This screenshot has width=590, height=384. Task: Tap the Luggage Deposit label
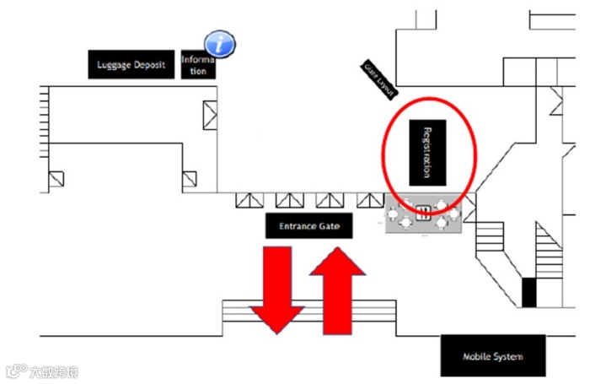(x=132, y=65)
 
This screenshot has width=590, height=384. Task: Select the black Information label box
(x=199, y=65)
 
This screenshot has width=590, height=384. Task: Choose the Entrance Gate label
(x=309, y=226)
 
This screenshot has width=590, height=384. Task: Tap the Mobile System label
(x=493, y=356)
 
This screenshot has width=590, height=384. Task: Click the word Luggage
(x=115, y=65)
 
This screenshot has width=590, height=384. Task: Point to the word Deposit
(x=150, y=65)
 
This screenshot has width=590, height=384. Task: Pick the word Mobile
(x=477, y=356)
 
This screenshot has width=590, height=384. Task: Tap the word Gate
(x=329, y=226)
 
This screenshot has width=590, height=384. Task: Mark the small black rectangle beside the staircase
(x=528, y=292)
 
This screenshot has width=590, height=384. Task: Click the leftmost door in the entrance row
(x=248, y=200)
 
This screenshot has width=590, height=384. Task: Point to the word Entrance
(x=298, y=226)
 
